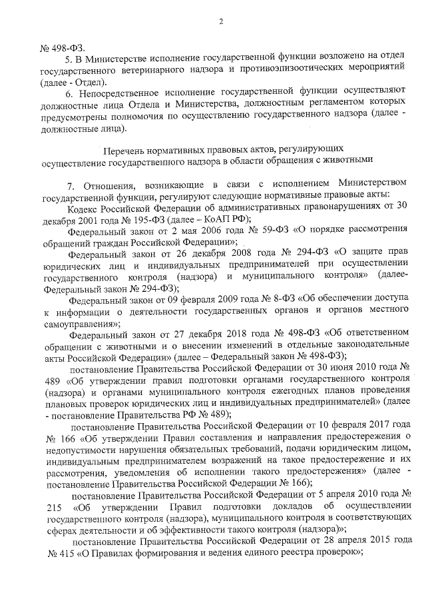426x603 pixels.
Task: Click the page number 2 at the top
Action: [220, 22]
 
